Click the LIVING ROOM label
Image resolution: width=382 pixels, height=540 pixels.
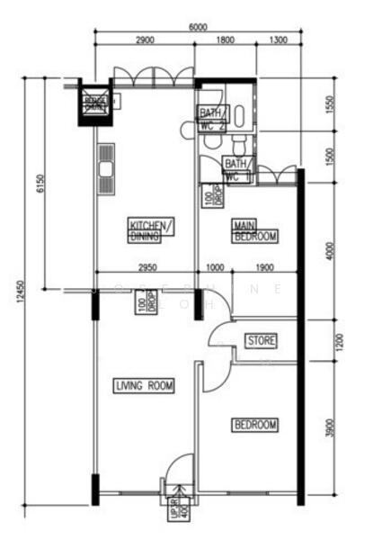pyautogui.click(x=144, y=386)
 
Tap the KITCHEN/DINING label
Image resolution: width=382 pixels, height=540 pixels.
pyautogui.click(x=151, y=230)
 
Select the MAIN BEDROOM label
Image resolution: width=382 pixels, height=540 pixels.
pyautogui.click(x=254, y=231)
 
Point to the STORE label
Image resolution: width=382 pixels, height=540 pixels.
pyautogui.click(x=261, y=341)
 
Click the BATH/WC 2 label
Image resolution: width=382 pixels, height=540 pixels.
pyautogui.click(x=211, y=119)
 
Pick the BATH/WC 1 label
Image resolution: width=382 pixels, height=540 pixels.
pyautogui.click(x=237, y=170)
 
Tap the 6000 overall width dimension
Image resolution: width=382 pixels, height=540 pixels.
pyautogui.click(x=198, y=27)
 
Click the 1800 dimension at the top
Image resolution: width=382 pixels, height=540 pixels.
pyautogui.click(x=226, y=40)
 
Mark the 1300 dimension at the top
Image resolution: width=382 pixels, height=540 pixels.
pyautogui.click(x=278, y=40)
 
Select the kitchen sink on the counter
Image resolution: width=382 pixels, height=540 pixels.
pyautogui.click(x=106, y=168)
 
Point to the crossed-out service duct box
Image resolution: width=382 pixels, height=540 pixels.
pyautogui.click(x=95, y=102)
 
